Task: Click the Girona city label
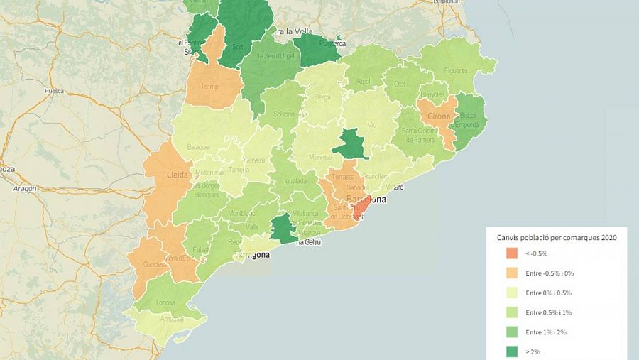click(439, 116)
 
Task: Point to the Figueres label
click(456, 71)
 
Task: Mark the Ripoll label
click(364, 82)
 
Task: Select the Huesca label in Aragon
click(53, 91)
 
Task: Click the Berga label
click(323, 97)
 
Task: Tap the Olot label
click(400, 84)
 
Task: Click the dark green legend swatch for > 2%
click(510, 351)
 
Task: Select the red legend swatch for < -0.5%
click(510, 253)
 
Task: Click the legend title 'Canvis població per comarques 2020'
click(557, 237)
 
